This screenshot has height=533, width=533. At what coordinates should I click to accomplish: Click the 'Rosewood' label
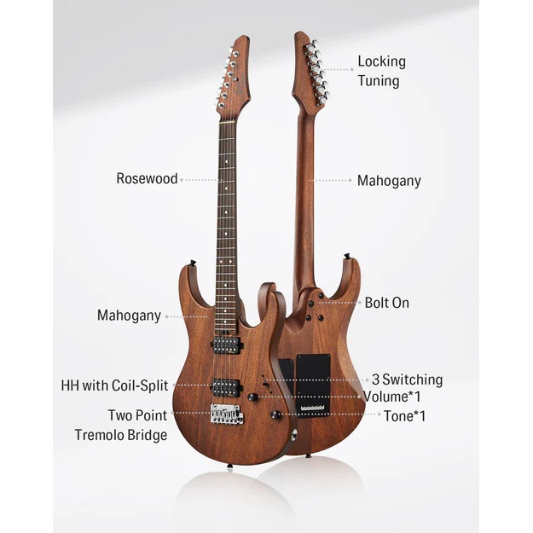(147, 179)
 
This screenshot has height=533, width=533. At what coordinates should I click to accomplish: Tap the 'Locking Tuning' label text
(381, 72)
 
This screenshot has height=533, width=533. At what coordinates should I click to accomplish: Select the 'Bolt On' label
(387, 303)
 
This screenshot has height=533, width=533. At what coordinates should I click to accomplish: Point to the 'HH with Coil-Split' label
(114, 385)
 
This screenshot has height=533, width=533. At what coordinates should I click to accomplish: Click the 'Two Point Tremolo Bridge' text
(121, 425)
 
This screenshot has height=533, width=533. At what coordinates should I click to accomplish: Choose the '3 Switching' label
(408, 379)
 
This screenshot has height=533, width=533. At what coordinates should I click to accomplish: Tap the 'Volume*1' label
(391, 397)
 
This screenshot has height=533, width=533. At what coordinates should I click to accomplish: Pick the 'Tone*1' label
(404, 416)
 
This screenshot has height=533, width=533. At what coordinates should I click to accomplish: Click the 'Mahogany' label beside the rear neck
(389, 181)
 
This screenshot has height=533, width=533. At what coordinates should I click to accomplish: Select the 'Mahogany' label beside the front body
(129, 316)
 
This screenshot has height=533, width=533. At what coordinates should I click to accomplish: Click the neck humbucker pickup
(227, 345)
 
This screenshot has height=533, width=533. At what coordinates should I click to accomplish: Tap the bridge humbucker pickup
(226, 387)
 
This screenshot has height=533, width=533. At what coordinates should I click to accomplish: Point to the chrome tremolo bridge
(227, 414)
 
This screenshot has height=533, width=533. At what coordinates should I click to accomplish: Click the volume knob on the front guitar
(252, 397)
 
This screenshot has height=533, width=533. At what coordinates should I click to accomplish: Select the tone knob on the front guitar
(275, 414)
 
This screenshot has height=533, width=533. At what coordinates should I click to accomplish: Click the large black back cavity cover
(314, 385)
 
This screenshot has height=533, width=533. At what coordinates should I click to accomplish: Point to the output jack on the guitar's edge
(293, 434)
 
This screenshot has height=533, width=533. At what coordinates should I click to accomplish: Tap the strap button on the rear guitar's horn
(348, 256)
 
